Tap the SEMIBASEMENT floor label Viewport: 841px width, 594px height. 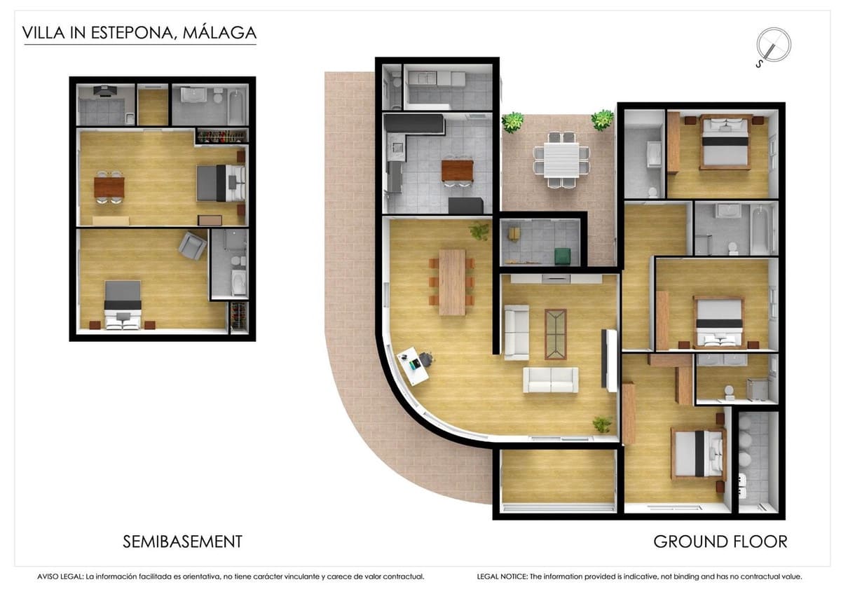182,541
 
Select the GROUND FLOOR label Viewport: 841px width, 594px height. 720,541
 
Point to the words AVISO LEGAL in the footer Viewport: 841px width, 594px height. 60,576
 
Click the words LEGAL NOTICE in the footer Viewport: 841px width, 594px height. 502,576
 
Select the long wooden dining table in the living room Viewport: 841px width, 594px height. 452,282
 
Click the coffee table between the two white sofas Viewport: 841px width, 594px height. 555,334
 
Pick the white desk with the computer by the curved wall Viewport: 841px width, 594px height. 413,366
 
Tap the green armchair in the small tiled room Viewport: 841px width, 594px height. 563,256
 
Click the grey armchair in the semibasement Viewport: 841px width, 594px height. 192,246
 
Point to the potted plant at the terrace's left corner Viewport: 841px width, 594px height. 512,122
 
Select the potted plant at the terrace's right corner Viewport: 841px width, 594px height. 602,120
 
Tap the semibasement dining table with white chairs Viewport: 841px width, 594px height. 109,187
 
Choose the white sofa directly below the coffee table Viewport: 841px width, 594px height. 551,380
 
